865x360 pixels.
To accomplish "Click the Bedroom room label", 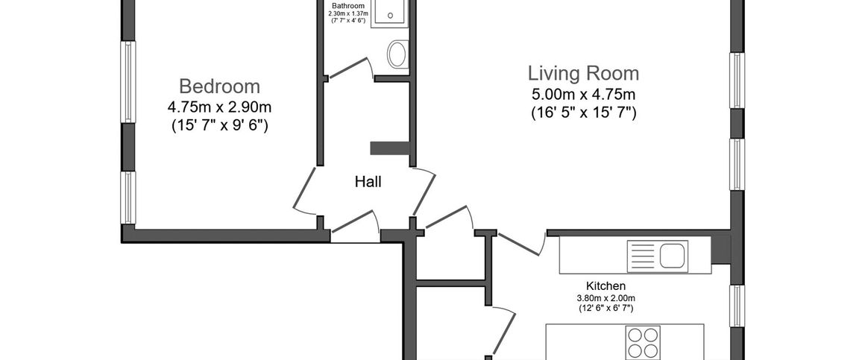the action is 219,86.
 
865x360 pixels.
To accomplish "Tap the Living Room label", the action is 584,73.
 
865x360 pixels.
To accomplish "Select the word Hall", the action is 368,181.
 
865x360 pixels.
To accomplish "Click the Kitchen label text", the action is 605,286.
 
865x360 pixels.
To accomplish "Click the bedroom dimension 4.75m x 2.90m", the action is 219,107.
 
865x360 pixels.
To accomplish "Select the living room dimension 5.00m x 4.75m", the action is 584,93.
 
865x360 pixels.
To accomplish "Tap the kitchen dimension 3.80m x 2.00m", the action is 605,299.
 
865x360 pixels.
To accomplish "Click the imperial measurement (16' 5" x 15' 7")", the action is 584,113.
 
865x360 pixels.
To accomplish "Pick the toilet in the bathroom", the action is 397,54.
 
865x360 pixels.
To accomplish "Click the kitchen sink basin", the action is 671,255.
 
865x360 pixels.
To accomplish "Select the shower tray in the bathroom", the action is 389,13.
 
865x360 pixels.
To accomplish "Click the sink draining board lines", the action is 643,255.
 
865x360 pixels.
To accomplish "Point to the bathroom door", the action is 351,67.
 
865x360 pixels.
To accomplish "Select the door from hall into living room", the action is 424,191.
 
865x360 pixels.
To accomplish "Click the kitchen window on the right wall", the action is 737,306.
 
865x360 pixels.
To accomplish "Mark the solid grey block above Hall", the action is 389,148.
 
